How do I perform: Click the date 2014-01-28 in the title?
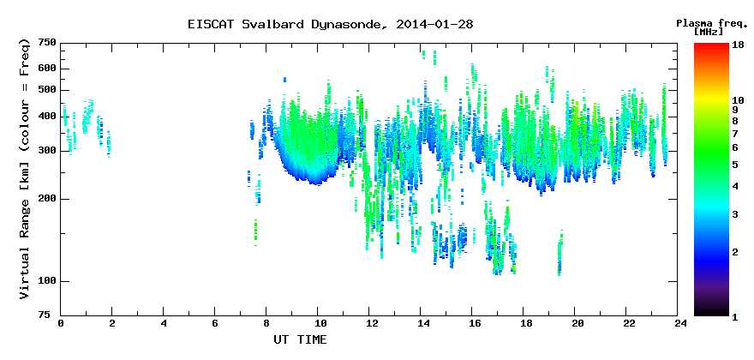click(x=434, y=25)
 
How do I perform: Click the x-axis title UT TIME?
click(x=300, y=339)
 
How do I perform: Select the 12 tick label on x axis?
click(x=368, y=323)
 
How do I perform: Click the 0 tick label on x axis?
click(x=61, y=323)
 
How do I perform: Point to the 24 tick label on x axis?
click(x=678, y=323)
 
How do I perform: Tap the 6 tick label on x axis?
click(x=215, y=323)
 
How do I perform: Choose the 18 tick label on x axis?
click(x=524, y=323)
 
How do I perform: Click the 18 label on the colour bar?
click(x=738, y=45)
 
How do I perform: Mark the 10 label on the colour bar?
click(x=738, y=100)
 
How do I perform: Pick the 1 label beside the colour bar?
click(x=735, y=317)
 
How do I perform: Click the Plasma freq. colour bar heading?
click(x=709, y=23)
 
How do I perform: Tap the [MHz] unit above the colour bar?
click(x=709, y=32)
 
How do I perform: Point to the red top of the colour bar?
click(x=711, y=46)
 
